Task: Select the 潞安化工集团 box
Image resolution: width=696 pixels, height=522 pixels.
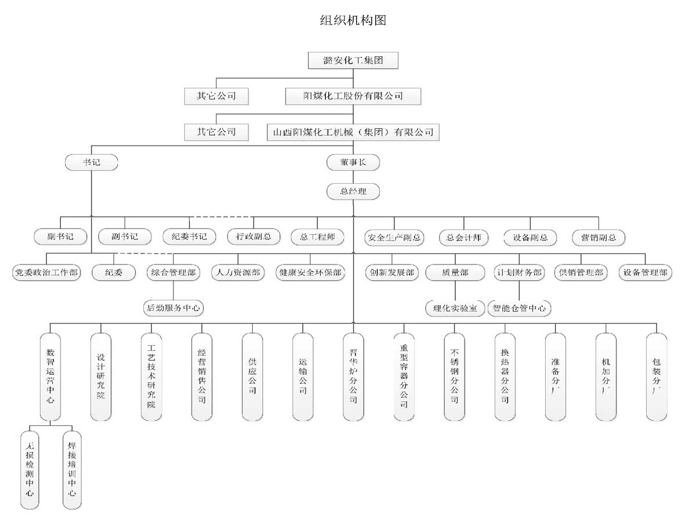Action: [x=353, y=60]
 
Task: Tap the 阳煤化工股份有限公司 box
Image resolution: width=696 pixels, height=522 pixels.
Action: [x=353, y=96]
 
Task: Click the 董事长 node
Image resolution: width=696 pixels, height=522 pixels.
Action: [x=353, y=163]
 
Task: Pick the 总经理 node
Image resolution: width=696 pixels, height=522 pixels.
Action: [x=353, y=191]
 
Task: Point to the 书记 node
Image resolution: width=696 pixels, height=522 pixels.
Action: [x=92, y=162]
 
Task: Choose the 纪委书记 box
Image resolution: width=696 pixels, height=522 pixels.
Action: [x=189, y=237]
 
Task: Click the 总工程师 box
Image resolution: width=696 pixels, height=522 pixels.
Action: [x=317, y=237]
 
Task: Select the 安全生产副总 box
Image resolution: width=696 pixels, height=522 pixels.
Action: [x=394, y=237]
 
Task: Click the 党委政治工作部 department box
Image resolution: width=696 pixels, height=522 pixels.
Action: [x=47, y=272]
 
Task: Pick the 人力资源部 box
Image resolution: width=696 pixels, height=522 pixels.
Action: [x=238, y=272]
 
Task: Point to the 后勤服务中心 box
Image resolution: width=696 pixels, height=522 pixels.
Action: [x=173, y=308]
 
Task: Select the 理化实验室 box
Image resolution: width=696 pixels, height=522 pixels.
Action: [x=455, y=308]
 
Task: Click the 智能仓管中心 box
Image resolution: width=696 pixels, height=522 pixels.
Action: [x=519, y=308]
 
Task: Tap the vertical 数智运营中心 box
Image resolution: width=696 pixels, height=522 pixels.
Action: [x=50, y=376]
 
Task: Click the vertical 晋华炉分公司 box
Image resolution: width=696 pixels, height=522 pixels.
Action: [x=353, y=376]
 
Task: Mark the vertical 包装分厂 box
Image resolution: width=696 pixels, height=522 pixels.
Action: [x=657, y=376]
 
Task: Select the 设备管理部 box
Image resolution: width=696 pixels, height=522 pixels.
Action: [x=646, y=272]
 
